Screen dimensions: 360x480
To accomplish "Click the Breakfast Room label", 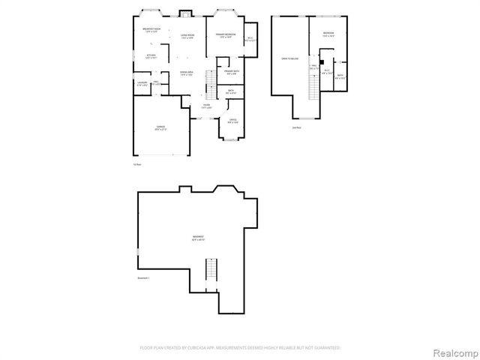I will tap(152, 30).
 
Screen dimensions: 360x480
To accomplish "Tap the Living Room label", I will tap(187, 37).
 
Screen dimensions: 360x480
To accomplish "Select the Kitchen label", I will tap(151, 56).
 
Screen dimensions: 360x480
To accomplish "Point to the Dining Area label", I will tap(187, 73).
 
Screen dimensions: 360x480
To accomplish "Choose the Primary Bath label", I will tap(231, 72).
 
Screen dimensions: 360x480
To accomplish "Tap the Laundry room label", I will tap(142, 84).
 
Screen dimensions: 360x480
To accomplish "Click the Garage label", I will tap(160, 128).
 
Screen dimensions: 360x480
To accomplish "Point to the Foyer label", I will tap(206, 107).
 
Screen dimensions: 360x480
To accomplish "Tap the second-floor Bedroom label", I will tap(328, 34).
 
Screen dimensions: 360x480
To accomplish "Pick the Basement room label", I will tap(197, 238).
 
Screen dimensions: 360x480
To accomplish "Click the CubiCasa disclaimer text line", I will tap(240, 348).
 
